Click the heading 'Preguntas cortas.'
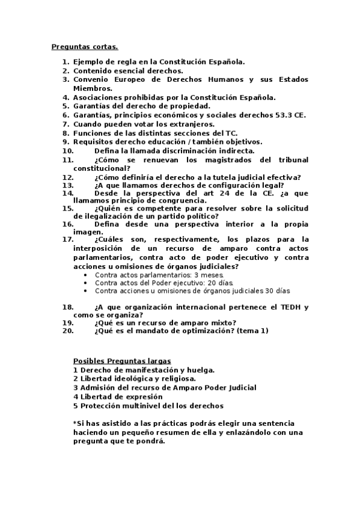pos(85,46)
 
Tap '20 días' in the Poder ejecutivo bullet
pos(221,283)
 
